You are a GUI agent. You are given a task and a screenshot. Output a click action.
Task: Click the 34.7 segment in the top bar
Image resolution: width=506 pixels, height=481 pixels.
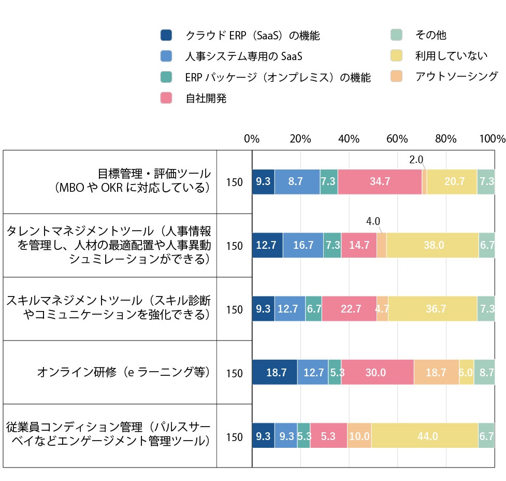380,182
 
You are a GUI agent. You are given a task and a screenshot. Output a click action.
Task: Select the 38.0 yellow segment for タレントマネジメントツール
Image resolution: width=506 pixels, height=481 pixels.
432,246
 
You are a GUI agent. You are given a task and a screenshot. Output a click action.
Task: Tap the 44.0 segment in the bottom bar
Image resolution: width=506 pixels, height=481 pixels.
425,437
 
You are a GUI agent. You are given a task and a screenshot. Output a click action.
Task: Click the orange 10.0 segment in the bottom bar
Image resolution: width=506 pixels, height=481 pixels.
359,437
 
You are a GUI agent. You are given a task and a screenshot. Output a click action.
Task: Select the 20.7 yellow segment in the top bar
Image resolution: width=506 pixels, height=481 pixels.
452,182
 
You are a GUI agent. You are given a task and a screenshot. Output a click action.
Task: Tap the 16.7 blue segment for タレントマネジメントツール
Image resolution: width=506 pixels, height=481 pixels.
303,246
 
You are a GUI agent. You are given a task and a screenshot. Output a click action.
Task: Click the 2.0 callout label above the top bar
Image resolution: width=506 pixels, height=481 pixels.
416,160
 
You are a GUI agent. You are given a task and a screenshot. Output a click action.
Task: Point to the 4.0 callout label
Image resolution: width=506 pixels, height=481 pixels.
373,221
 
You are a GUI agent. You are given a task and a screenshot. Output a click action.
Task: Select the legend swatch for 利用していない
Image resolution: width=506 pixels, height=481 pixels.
396,56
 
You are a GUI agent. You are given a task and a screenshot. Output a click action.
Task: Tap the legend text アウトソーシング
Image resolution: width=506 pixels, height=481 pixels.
456,77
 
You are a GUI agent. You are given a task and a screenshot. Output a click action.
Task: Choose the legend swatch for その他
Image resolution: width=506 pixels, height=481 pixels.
396,35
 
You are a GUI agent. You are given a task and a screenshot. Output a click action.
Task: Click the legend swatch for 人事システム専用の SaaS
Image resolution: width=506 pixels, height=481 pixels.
166,56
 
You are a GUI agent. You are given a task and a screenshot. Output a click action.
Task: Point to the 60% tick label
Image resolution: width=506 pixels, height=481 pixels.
397,139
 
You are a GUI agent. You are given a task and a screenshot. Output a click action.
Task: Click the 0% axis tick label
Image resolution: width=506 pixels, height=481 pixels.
252,139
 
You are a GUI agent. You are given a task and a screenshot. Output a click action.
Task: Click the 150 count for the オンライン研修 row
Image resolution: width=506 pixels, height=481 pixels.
234,373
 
